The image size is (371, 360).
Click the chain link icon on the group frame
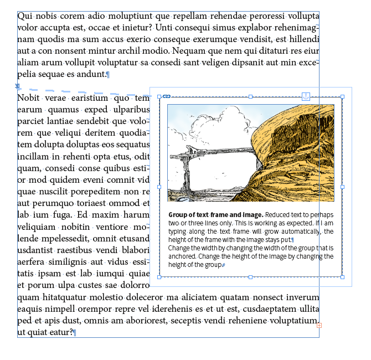166,97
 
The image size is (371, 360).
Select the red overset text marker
319,325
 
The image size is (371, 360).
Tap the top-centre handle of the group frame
251,97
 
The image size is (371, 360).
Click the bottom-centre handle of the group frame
251,277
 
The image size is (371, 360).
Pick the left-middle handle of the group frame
159,187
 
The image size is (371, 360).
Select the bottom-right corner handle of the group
342,277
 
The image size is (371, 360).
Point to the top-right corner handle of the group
342,97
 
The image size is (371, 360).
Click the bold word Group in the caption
178,215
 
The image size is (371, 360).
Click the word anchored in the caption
183,256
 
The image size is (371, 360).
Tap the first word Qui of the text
24,16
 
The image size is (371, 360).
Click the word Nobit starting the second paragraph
28,98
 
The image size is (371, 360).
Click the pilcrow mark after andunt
107,75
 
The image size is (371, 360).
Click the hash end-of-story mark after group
223,266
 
